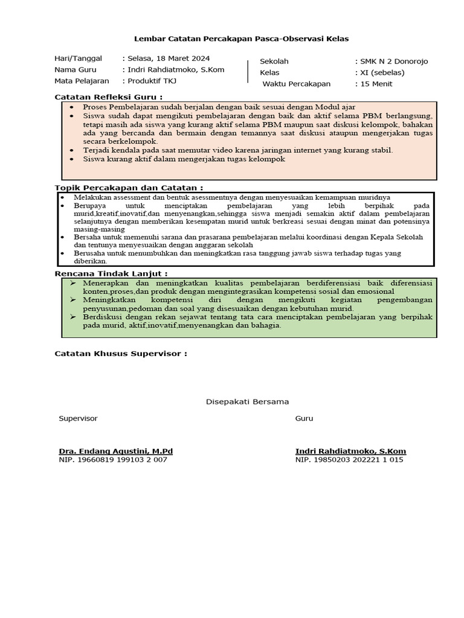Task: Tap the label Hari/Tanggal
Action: click(79, 59)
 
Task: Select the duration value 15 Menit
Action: click(376, 84)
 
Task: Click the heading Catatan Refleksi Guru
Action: click(108, 97)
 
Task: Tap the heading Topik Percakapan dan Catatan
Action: click(128, 188)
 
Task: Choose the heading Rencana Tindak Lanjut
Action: click(111, 273)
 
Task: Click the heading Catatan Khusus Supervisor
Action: click(120, 353)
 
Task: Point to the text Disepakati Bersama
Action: click(248, 401)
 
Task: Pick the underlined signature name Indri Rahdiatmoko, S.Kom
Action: click(350, 451)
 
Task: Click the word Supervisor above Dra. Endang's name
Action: click(78, 418)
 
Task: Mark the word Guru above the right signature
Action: click(304, 418)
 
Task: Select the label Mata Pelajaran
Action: click(82, 81)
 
